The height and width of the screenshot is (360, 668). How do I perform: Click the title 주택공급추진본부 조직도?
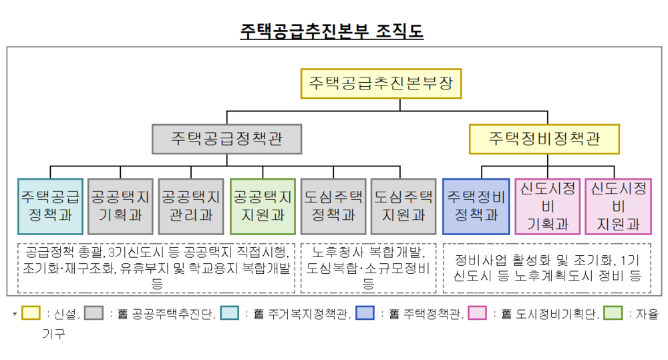[331, 31]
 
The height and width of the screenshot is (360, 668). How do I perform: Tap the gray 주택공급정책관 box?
[226, 138]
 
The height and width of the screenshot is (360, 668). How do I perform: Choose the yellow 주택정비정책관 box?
[544, 138]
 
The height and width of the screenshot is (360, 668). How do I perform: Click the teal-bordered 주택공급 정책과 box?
[50, 206]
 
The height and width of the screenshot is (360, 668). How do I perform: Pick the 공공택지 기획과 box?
[120, 206]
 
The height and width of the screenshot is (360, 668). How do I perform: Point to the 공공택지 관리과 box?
[191, 206]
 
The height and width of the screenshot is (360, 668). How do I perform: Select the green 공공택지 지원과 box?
[262, 206]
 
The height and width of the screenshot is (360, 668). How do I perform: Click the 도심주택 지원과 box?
[403, 206]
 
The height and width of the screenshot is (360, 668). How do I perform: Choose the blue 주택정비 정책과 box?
[476, 206]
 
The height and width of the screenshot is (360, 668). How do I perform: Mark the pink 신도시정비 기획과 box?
[547, 206]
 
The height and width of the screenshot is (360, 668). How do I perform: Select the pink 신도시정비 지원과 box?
[618, 206]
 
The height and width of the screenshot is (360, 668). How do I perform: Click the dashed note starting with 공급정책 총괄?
[156, 268]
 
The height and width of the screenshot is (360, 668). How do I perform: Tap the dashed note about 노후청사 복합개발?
[368, 268]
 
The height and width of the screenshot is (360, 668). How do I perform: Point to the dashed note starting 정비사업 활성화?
[546, 268]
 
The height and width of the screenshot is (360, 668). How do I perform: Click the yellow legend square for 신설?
[31, 313]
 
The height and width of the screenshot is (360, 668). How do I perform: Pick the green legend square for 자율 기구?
[613, 313]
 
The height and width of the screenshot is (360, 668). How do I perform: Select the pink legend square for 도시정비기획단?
[478, 313]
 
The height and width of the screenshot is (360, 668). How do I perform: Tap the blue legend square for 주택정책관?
[365, 313]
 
